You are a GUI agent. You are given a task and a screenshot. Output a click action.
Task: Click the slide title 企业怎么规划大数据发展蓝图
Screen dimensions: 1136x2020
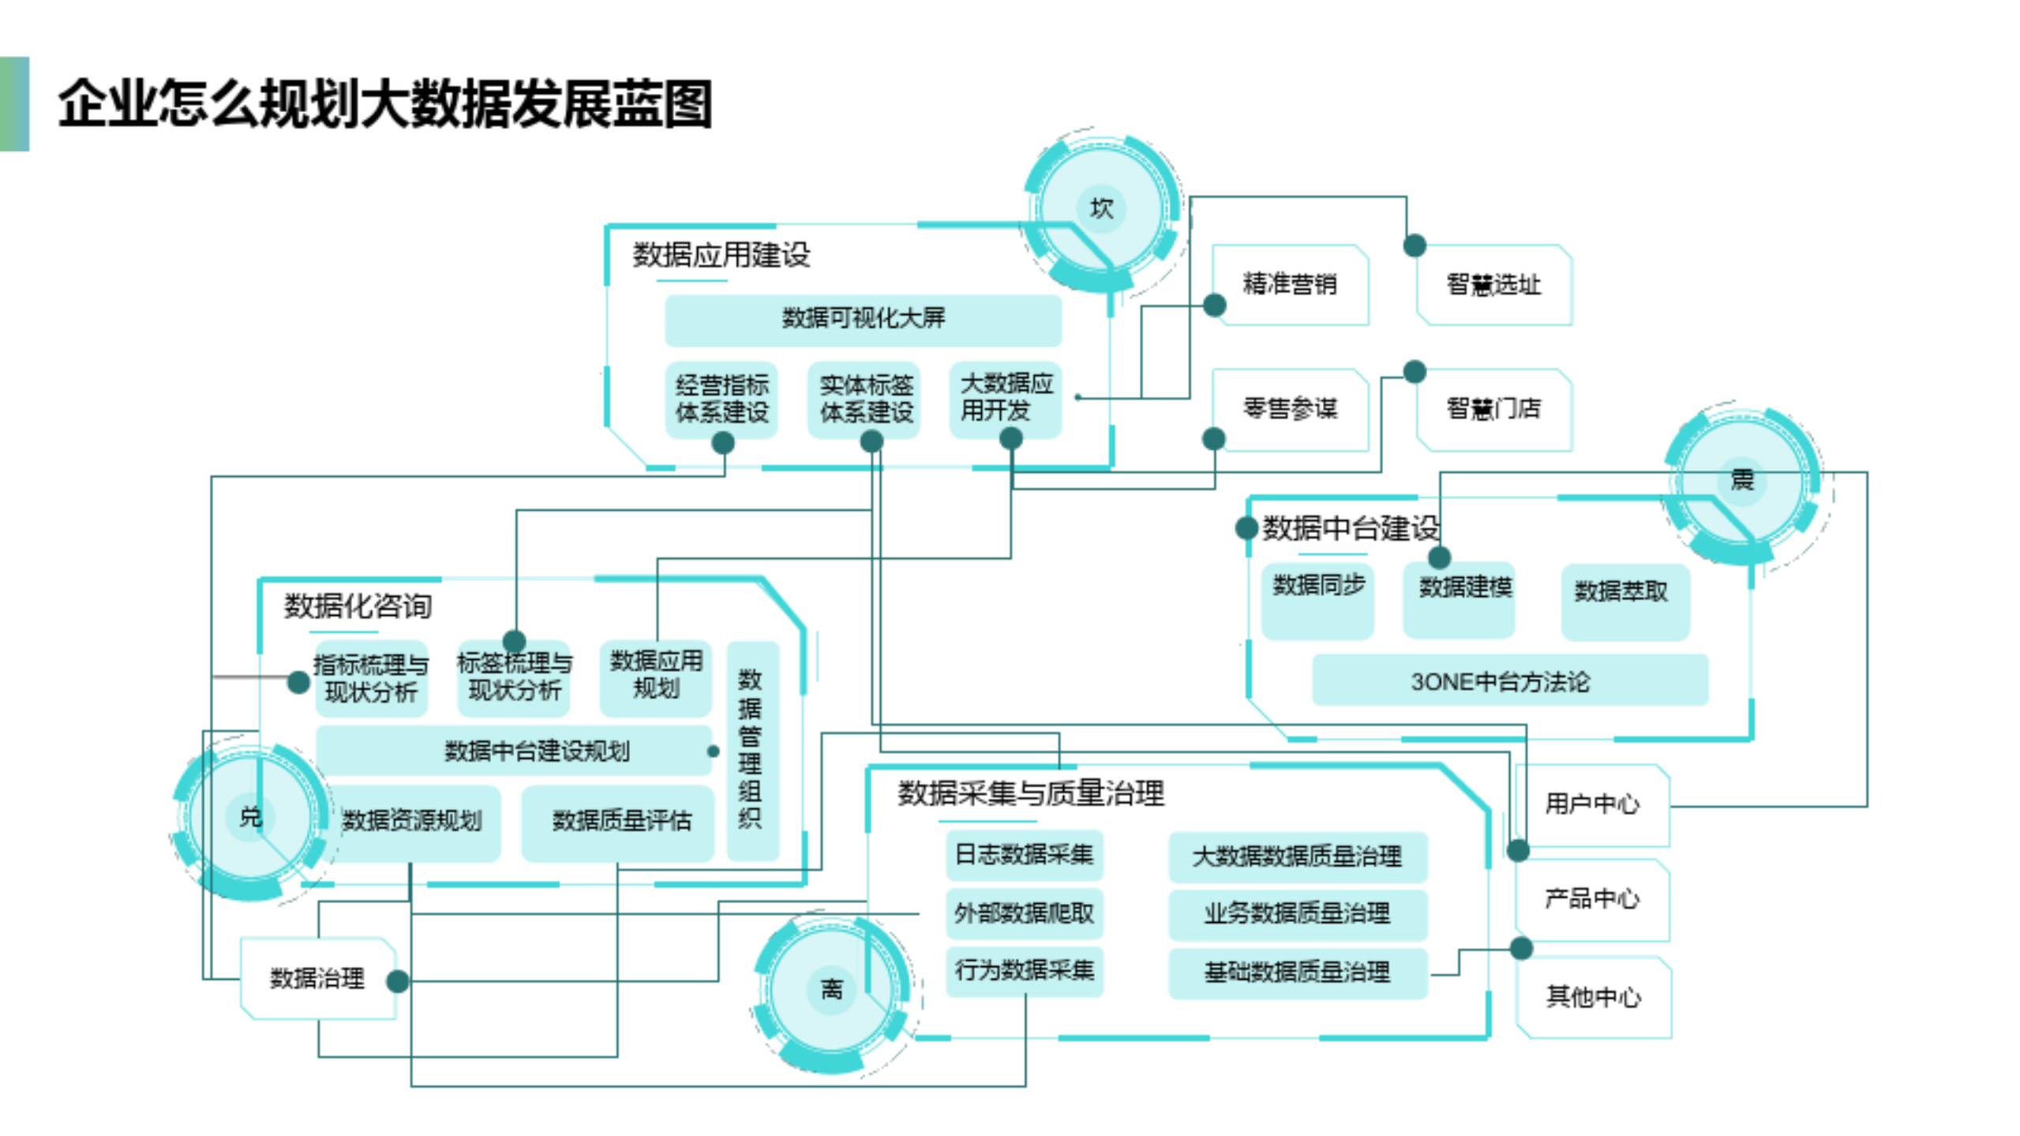(x=385, y=103)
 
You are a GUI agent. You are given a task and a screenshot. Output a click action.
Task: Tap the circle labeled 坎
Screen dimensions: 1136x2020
(x=1101, y=208)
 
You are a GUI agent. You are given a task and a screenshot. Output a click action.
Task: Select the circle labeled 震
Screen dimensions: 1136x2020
(x=1741, y=479)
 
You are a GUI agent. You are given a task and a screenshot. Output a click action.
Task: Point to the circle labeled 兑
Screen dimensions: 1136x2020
(x=250, y=816)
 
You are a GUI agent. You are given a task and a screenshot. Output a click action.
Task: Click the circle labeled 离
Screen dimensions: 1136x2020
(x=832, y=988)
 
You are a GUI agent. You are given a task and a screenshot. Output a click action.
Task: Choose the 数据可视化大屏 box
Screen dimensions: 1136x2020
(x=863, y=319)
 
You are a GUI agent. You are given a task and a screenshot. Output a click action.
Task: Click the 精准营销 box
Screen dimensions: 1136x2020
(x=1290, y=284)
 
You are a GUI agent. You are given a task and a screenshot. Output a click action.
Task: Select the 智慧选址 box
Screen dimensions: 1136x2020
(x=1493, y=284)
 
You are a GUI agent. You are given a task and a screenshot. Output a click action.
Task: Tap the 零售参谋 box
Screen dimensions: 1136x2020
(x=1290, y=409)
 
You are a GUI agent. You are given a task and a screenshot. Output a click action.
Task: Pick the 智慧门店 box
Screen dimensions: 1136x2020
(x=1493, y=409)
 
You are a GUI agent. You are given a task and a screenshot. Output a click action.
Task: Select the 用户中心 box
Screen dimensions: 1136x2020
(x=1592, y=804)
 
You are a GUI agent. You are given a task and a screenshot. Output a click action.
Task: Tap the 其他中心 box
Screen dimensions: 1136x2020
(x=1593, y=997)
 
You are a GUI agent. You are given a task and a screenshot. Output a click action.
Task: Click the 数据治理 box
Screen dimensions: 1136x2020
(x=317, y=979)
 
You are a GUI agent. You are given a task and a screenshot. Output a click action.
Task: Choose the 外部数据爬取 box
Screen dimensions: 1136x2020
(x=1024, y=913)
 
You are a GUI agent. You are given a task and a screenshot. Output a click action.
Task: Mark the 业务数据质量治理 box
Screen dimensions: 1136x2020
(x=1297, y=914)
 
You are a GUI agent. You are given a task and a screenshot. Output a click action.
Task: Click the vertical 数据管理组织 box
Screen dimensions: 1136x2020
(x=751, y=750)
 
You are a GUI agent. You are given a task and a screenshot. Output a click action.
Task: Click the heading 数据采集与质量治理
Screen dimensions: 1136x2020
(x=1031, y=793)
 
